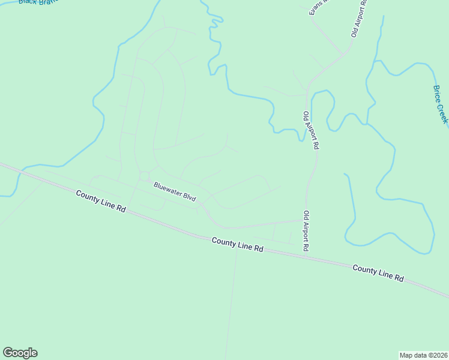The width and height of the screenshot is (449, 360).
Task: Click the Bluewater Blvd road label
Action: coord(174,191)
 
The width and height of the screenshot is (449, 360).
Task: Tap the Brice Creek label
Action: coord(441,104)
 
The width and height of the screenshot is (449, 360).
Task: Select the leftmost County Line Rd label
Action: coord(101,200)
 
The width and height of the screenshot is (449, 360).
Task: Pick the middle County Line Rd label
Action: coord(238,244)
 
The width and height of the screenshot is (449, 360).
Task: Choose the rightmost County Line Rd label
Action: coord(378,272)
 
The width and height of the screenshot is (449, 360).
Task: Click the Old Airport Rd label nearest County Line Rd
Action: coord(306,230)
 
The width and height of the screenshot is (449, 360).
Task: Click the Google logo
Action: coord(20,353)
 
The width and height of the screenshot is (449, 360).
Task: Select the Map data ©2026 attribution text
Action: coord(424,355)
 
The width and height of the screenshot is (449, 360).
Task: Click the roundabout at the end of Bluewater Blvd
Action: coord(144,176)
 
